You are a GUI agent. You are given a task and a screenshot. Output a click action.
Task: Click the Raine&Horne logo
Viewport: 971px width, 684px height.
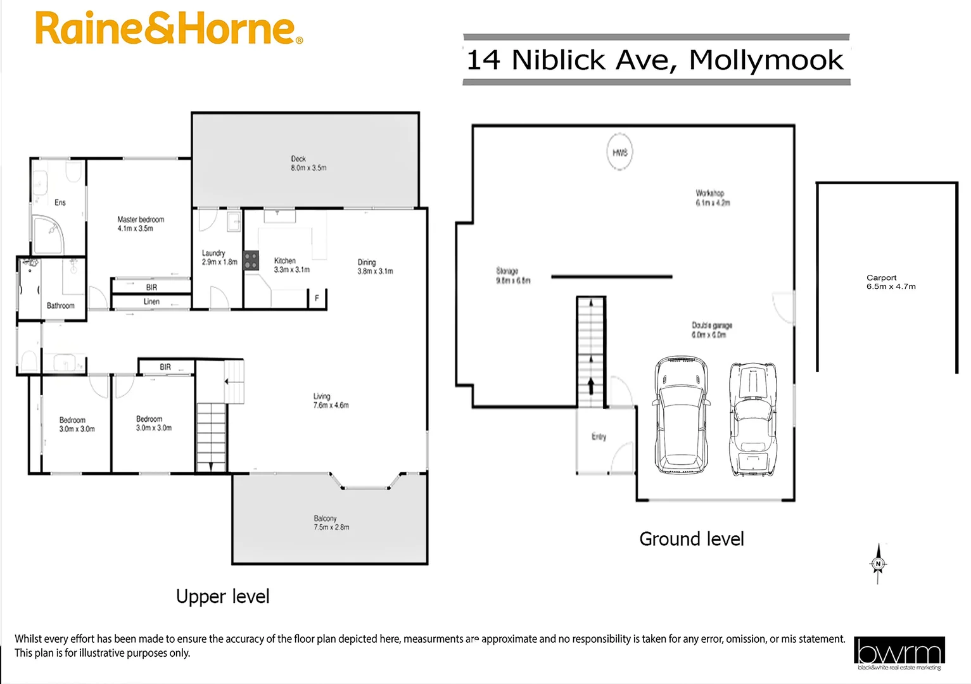168,28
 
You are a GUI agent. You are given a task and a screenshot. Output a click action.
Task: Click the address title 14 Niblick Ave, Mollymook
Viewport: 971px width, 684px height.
656,60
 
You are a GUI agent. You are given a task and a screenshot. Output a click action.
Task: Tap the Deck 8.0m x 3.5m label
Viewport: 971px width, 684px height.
308,163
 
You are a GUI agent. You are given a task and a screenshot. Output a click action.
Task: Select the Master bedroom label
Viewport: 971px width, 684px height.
141,224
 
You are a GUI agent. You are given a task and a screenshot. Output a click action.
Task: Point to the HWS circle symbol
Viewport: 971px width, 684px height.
619,152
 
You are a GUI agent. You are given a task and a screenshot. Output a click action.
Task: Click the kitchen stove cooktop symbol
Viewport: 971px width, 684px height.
251,261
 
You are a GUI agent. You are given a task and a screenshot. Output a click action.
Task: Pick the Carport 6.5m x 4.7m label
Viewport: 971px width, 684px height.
891,282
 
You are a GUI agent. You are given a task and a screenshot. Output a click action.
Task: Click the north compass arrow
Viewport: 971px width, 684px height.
878,563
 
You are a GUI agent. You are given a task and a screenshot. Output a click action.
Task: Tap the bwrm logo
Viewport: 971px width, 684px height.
899,653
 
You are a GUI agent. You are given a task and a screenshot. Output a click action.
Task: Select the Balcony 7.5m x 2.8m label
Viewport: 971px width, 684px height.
331,522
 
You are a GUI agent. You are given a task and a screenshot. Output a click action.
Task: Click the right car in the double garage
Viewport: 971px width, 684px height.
752,419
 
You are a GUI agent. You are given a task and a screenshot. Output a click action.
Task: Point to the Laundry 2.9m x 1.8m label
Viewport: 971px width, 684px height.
219,257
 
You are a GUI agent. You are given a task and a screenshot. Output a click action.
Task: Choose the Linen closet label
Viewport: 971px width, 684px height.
151,301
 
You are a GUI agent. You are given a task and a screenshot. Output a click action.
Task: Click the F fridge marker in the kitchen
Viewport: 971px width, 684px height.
317,298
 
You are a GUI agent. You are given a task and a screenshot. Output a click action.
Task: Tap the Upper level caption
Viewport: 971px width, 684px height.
222,597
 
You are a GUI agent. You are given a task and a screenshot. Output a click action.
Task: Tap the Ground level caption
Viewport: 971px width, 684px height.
691,539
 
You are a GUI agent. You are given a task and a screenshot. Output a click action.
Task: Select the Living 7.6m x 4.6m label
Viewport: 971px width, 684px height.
331,400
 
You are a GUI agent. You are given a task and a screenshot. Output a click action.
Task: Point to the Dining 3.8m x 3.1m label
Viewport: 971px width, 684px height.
374,267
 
